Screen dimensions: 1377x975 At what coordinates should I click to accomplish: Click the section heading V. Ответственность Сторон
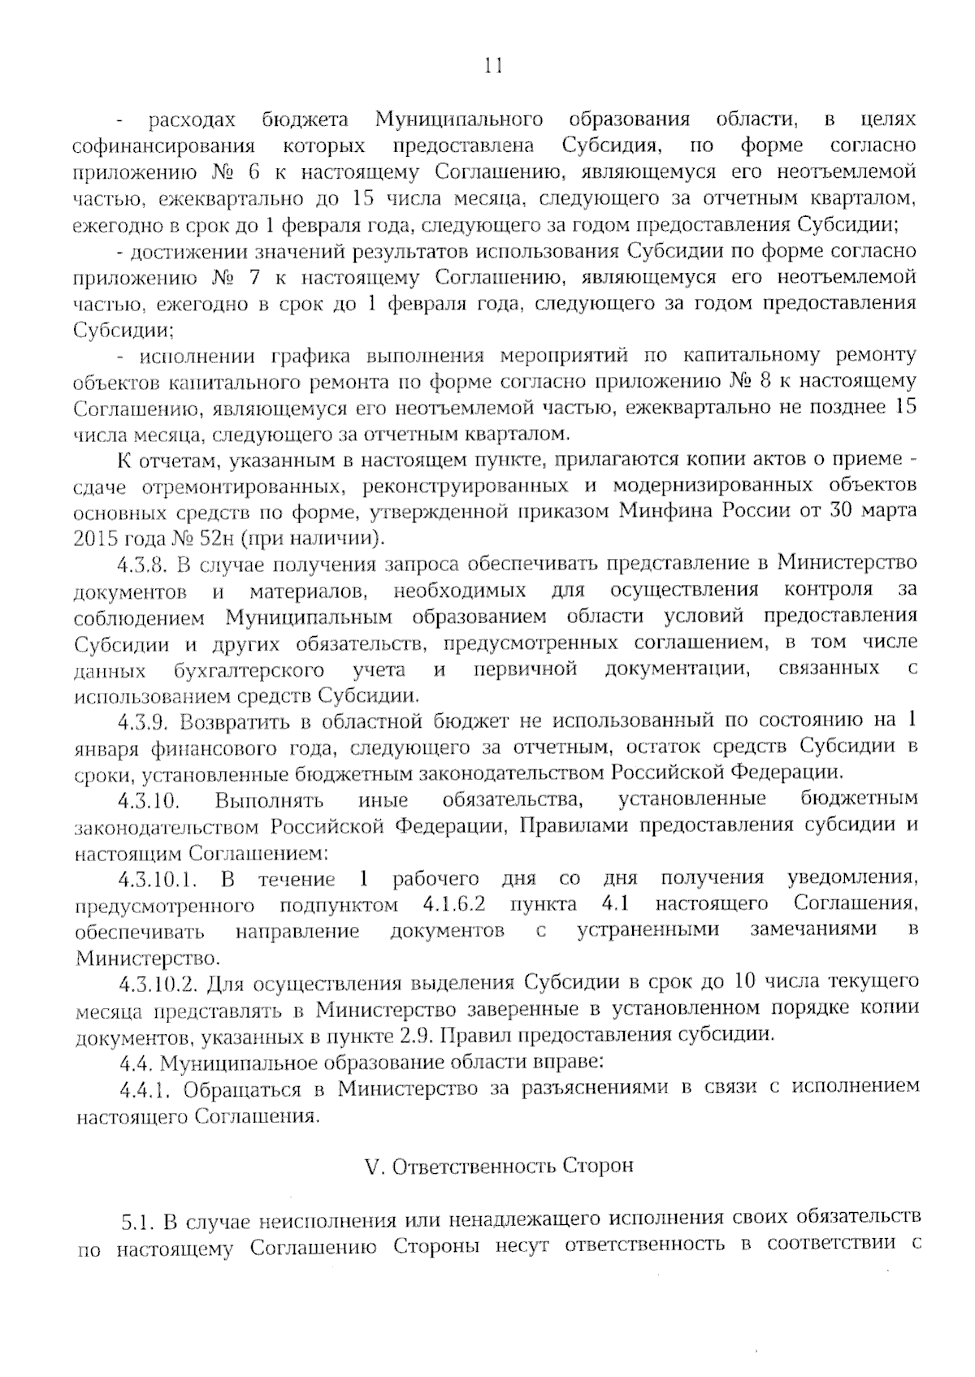coord(499,1167)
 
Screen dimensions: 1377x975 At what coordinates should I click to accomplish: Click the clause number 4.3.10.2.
coord(158,985)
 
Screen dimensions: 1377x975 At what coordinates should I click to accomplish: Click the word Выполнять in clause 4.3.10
coord(269,800)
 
